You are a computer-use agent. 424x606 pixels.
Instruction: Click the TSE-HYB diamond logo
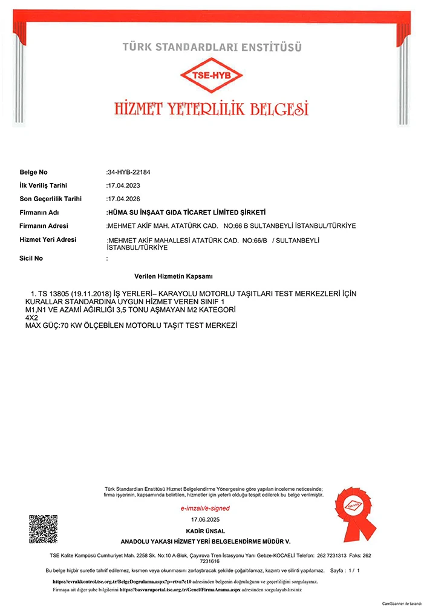[212, 77]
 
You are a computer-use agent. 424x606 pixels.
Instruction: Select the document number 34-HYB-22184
[128, 172]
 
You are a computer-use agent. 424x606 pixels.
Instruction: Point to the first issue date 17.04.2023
[123, 185]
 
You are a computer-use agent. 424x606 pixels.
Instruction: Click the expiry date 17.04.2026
[123, 199]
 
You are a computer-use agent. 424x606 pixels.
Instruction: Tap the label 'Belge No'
[33, 172]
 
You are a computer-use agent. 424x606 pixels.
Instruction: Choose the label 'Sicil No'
[31, 258]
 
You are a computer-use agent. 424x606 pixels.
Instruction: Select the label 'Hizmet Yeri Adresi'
[48, 239]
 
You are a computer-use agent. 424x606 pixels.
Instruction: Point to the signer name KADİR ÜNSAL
[206, 531]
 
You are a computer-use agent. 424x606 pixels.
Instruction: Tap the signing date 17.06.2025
[206, 520]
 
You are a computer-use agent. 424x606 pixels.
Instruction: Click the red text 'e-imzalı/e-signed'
[206, 508]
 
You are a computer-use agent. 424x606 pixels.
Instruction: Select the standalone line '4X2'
[31, 317]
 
